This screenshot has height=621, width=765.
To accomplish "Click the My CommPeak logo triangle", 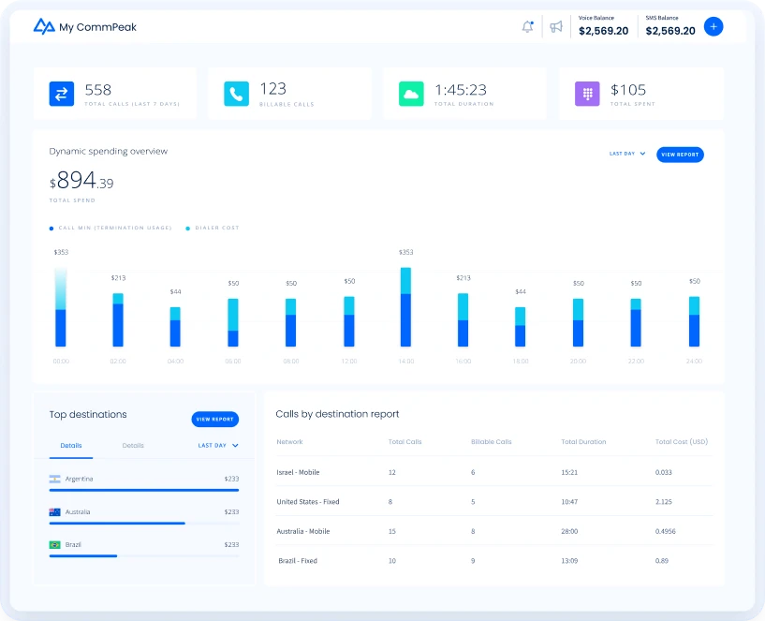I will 44,26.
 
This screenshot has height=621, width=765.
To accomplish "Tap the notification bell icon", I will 527,26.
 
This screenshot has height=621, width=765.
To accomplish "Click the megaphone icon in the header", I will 556,26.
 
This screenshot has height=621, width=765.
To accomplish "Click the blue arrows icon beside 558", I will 61,94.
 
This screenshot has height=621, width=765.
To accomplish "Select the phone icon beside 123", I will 236,94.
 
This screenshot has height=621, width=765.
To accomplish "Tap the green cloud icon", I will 411,94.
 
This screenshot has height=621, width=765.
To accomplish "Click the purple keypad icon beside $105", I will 587,94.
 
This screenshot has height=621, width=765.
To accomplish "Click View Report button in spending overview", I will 680,155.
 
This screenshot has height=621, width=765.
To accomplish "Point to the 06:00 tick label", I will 233,361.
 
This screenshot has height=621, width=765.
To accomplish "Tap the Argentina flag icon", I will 54,479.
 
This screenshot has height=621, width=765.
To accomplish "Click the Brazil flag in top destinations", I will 54,544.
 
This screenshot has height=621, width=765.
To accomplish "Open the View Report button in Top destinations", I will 214,420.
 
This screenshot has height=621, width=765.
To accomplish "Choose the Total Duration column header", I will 583,442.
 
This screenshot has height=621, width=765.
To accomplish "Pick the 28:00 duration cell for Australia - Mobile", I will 568,531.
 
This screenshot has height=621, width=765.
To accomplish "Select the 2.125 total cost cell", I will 664,502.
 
